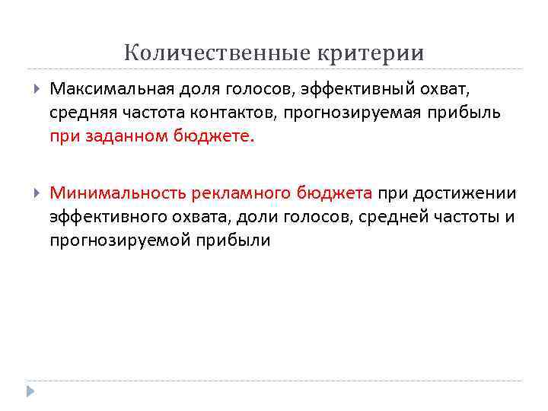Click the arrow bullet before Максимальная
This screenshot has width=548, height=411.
(x=37, y=89)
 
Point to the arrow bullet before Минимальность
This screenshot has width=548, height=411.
(x=37, y=193)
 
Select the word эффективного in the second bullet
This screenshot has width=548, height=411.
(x=103, y=217)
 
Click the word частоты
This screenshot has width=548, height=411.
(x=459, y=217)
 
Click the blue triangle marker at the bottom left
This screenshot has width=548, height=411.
(x=30, y=390)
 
